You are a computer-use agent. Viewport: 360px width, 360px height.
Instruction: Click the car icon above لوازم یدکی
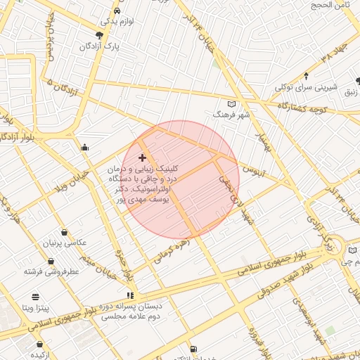coord(116,11)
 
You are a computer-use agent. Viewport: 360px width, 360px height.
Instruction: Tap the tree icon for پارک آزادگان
coord(99,34)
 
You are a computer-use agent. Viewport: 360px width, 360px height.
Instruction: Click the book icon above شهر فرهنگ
coord(232,103)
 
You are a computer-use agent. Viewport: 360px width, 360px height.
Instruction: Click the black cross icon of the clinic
coord(143,157)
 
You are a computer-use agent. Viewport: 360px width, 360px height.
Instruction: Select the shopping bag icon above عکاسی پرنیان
coord(65,232)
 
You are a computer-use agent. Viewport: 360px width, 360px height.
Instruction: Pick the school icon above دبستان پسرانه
coord(129,295)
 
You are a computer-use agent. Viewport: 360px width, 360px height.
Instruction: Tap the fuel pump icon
coord(193,349)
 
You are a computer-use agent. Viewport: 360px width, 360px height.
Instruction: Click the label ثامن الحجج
coord(332,5)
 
